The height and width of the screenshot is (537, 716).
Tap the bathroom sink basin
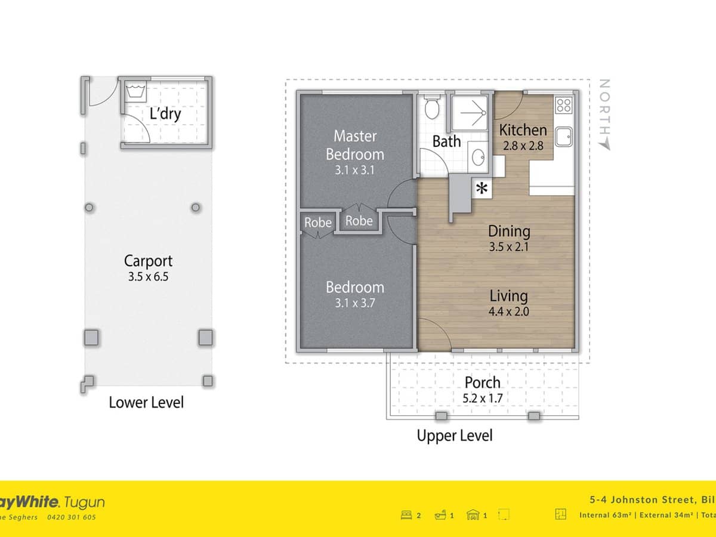[478, 157]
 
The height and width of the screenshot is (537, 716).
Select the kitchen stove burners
[564, 106]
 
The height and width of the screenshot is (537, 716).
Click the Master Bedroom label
[355, 144]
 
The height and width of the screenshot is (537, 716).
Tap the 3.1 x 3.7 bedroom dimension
[355, 303]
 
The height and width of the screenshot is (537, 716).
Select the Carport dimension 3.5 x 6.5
[148, 276]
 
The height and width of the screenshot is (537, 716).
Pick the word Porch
[482, 382]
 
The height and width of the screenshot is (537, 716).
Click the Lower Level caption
[146, 403]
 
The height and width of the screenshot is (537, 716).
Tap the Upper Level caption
[455, 436]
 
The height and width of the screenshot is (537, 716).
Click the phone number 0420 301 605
[72, 518]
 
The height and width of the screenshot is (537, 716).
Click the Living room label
[508, 295]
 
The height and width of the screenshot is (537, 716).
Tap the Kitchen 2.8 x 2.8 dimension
[523, 145]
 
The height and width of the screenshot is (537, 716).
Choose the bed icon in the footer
[408, 515]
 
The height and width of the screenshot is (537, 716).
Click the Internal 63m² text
[601, 515]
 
